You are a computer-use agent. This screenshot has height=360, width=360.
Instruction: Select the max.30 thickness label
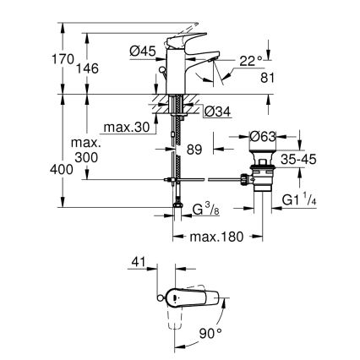pyautogui.click(x=125, y=128)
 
